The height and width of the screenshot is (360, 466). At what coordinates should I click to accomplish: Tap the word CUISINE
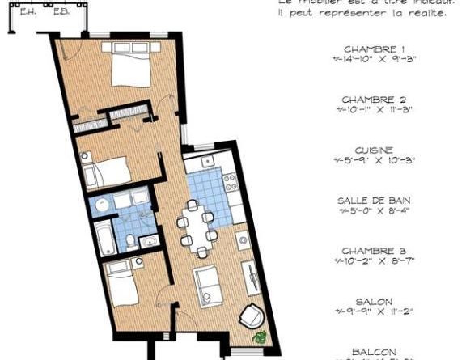click(x=374, y=150)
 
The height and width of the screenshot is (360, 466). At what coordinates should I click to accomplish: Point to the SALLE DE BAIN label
click(x=374, y=201)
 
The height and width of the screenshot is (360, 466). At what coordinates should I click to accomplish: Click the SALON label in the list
click(x=374, y=302)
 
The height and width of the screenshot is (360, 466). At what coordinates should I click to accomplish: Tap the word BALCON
click(x=374, y=351)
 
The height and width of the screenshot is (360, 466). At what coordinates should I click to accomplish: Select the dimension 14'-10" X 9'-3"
click(x=377, y=59)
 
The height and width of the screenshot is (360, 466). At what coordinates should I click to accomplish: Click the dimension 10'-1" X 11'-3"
click(x=377, y=109)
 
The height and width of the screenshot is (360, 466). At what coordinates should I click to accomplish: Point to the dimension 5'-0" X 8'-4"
click(x=377, y=210)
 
